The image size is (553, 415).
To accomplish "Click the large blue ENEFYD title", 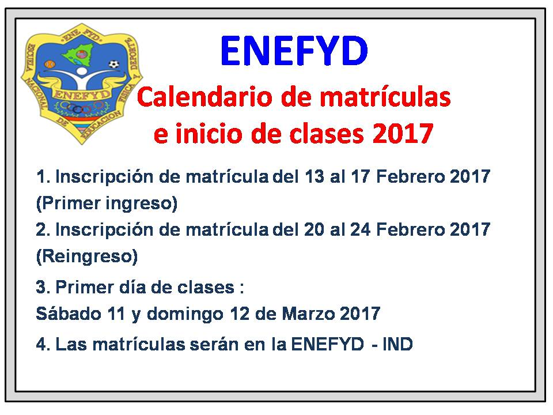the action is point(294,51).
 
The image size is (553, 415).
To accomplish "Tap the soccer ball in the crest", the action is point(113,65).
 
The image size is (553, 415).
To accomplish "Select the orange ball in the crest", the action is point(50,65).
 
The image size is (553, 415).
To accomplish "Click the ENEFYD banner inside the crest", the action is point(82,94).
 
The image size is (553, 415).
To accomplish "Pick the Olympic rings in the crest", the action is point(81,107).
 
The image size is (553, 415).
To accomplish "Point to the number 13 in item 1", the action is point(314,176).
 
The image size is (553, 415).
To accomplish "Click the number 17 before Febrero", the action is point(360,176).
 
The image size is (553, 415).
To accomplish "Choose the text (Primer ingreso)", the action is point(107,203).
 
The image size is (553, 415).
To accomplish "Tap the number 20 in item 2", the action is point(314,230).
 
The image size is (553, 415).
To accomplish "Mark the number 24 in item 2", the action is point(360,230).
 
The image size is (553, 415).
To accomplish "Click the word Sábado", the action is point(69,314).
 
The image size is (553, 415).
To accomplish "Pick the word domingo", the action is point(185,314).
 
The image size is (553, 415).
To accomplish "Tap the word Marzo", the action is point(308,314).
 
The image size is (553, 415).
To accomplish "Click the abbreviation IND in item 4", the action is point(397,344).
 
